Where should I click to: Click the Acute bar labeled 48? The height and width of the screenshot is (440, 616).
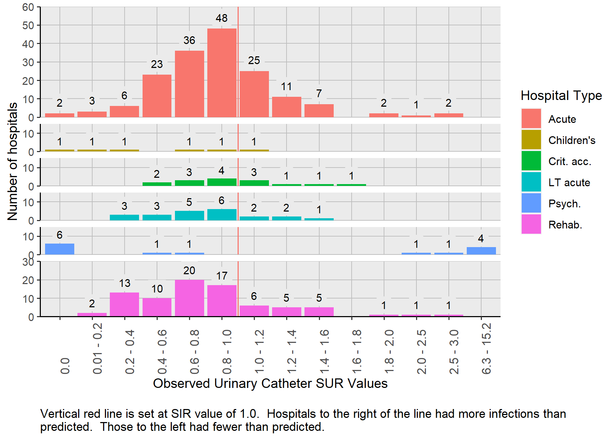pyautogui.click(x=222, y=73)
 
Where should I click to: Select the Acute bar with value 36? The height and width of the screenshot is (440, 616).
pyautogui.click(x=189, y=84)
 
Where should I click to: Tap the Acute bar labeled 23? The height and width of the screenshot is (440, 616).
pyautogui.click(x=157, y=96)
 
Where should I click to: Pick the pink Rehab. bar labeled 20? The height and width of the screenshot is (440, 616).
pyautogui.click(x=189, y=298)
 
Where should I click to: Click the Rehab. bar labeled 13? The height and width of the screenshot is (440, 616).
pyautogui.click(x=125, y=304)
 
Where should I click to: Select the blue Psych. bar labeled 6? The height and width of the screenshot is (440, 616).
pyautogui.click(x=59, y=249)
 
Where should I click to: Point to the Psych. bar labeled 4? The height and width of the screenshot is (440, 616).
pyautogui.click(x=481, y=251)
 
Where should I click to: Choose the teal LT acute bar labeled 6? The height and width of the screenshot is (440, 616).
pyautogui.click(x=222, y=215)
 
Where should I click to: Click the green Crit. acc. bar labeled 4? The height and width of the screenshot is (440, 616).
pyautogui.click(x=222, y=182)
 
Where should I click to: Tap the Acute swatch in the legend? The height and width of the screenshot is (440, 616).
pyautogui.click(x=531, y=119)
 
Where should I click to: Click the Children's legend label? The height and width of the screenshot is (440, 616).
pyautogui.click(x=572, y=140)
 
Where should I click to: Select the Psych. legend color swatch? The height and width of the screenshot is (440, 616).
pyautogui.click(x=531, y=203)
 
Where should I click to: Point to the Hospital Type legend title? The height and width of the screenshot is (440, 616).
pyautogui.click(x=561, y=95)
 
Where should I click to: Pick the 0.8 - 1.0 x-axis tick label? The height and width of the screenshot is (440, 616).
pyautogui.click(x=227, y=352)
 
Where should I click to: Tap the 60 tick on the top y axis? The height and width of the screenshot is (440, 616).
pyautogui.click(x=28, y=7)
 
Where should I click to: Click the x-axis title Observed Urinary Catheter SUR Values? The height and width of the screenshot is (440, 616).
pyautogui.click(x=270, y=383)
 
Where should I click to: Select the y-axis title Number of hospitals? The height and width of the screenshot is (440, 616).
pyautogui.click(x=13, y=162)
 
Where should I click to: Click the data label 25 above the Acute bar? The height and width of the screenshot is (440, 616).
pyautogui.click(x=254, y=61)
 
